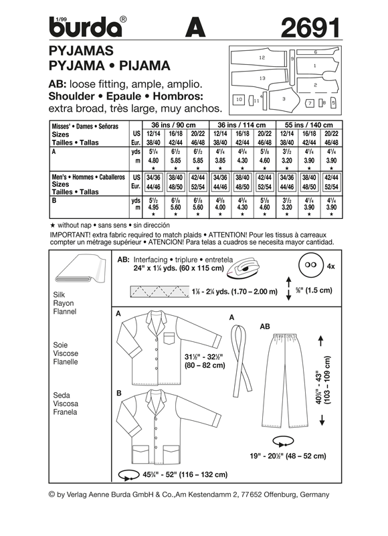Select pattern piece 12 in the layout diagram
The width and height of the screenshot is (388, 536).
pyautogui.click(x=262, y=59)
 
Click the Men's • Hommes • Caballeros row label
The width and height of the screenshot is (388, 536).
pyautogui.click(x=88, y=176)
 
